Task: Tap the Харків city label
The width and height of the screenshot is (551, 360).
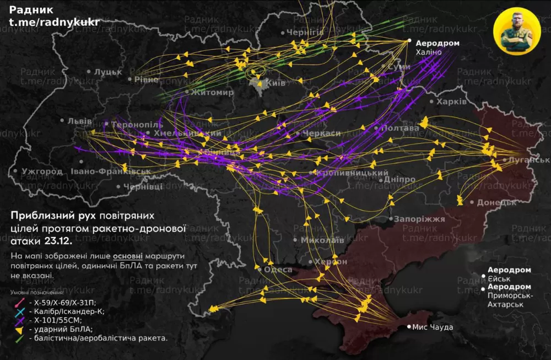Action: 451,102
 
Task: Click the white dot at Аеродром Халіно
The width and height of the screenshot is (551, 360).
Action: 409,41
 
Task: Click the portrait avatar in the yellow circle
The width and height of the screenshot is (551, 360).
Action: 516,30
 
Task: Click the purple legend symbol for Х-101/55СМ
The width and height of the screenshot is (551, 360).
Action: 18,320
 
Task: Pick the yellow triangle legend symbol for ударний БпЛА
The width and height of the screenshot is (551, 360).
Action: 18,329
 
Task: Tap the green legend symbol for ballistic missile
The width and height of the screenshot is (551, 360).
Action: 18,338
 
